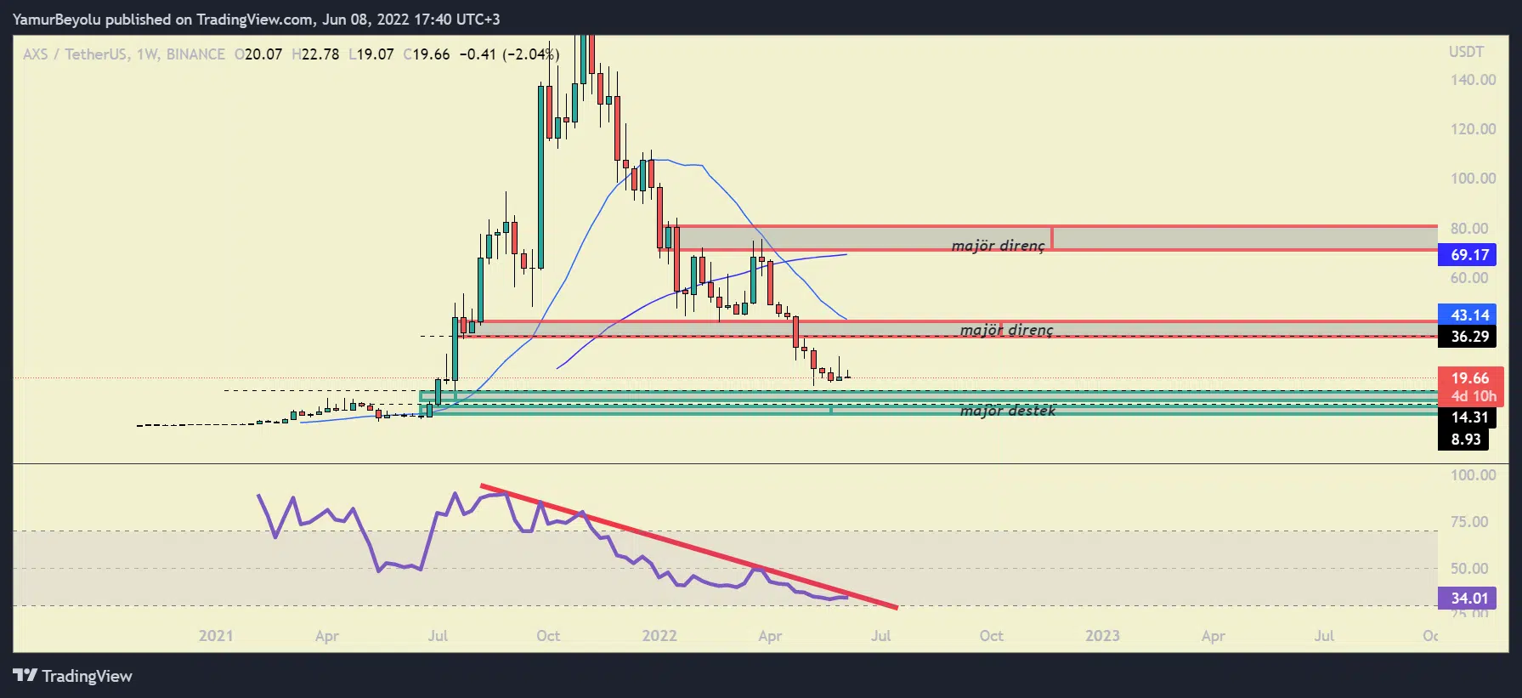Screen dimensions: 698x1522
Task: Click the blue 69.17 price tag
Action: click(x=1469, y=254)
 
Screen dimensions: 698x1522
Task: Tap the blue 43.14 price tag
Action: click(x=1469, y=315)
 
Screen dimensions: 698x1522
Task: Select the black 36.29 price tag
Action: click(x=1469, y=336)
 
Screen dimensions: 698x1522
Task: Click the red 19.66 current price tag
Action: click(x=1469, y=378)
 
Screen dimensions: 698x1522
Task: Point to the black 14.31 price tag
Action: click(x=1469, y=417)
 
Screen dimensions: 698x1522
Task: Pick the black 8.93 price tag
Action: click(x=1466, y=439)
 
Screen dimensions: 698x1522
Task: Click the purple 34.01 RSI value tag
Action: click(x=1469, y=598)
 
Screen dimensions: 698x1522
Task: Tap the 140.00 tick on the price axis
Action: click(x=1473, y=80)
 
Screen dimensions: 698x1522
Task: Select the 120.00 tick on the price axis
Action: click(x=1473, y=129)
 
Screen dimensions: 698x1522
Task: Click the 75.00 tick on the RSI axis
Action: click(x=1469, y=521)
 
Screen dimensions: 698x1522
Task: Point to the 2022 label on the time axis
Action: click(x=659, y=636)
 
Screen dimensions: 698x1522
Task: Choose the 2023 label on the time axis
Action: click(x=1102, y=636)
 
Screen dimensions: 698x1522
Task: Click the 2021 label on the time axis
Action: click(x=216, y=636)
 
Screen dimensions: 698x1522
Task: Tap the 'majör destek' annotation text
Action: click(x=1008, y=411)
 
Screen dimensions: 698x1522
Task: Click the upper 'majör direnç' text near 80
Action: click(x=999, y=246)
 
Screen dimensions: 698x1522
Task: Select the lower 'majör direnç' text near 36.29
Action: click(x=1007, y=330)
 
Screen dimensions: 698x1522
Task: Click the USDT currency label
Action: click(x=1466, y=52)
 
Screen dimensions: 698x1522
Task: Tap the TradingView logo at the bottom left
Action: click(x=73, y=676)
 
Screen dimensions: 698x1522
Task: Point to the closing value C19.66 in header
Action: click(x=427, y=54)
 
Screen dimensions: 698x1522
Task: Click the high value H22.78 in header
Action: click(x=315, y=54)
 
